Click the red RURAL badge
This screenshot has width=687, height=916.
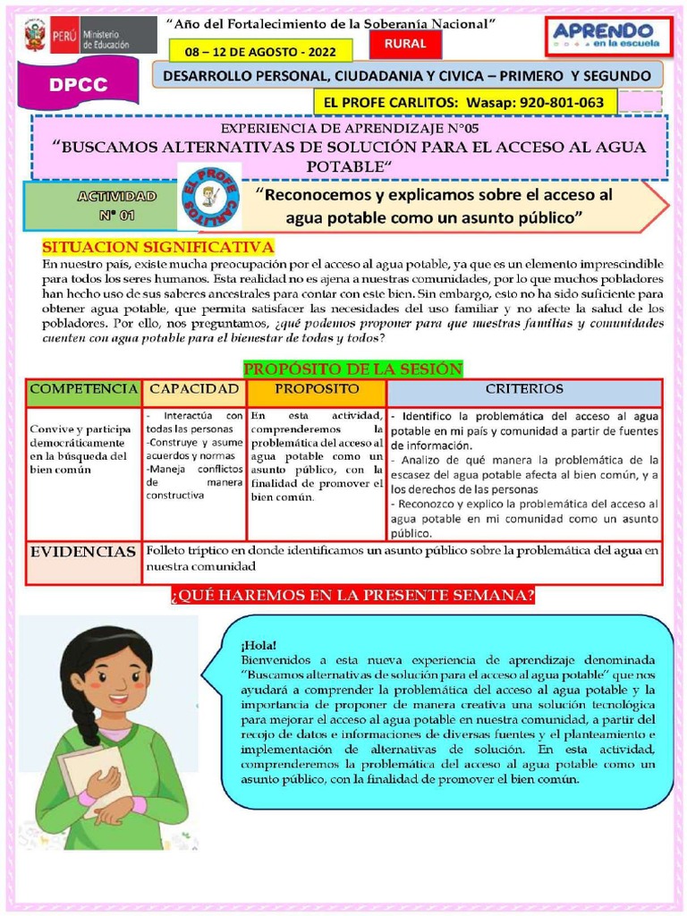point(404,43)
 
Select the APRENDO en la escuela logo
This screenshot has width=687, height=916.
point(606,37)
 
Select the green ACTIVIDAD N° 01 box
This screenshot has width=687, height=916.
point(98,205)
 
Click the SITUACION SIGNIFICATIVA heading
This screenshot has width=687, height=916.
point(158,247)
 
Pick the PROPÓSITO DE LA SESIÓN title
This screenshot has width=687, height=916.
point(352,368)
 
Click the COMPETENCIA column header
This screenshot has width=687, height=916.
point(84,390)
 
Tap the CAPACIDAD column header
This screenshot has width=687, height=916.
point(194,390)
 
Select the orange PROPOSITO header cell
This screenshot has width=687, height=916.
point(317,390)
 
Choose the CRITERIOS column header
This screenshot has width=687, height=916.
point(524,390)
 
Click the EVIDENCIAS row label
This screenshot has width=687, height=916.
point(84,552)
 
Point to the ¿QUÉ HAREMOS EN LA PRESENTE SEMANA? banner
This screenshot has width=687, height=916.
point(352,595)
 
